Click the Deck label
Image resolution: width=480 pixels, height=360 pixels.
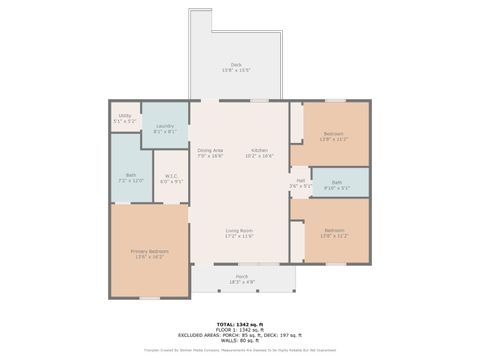(x=237, y=64)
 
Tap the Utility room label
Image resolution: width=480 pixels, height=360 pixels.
(x=125, y=115)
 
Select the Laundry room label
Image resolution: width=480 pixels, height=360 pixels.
(x=164, y=126)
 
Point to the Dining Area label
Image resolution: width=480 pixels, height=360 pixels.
(x=210, y=151)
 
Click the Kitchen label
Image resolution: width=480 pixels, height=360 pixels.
(x=260, y=151)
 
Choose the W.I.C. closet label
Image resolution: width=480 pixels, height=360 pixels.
(x=171, y=177)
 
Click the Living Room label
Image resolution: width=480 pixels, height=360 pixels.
(x=238, y=230)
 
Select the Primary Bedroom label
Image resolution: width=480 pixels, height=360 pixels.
(x=149, y=250)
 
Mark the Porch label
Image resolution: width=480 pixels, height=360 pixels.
(x=241, y=276)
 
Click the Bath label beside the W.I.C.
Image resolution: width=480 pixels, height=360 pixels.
(x=131, y=177)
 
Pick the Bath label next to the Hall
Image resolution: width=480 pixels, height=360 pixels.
(x=336, y=182)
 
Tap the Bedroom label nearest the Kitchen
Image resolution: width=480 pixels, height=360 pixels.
(x=333, y=134)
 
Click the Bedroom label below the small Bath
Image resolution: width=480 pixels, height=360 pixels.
(x=333, y=232)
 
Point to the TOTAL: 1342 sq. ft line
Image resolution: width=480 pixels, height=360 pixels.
(x=239, y=324)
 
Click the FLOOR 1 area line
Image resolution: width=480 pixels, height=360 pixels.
(x=239, y=329)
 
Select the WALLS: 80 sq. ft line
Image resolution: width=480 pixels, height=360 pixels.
(x=239, y=341)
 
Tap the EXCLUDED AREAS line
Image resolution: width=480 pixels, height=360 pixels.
(x=239, y=335)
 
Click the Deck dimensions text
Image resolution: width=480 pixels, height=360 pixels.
(x=237, y=70)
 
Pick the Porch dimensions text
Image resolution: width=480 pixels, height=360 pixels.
(x=241, y=282)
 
